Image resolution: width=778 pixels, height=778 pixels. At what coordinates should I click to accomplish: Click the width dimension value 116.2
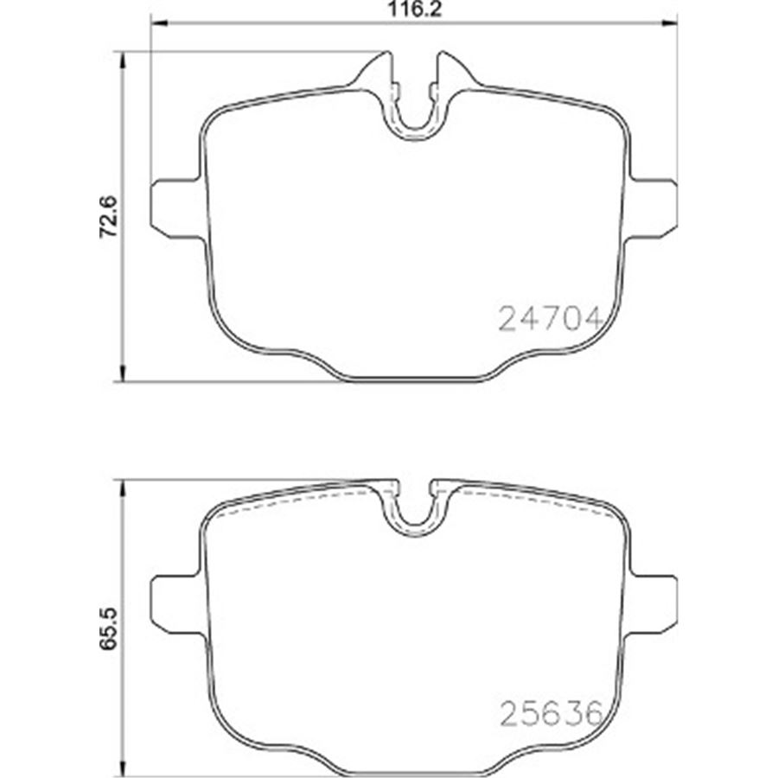tap(414, 9)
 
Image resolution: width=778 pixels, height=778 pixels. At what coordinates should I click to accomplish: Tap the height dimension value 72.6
tap(108, 217)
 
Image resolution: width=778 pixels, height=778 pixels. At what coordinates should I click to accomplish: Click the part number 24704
tap(551, 318)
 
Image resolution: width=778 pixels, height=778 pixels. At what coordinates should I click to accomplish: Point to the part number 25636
tap(551, 713)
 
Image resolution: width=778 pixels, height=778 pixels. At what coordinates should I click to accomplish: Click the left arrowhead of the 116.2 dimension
tap(158, 22)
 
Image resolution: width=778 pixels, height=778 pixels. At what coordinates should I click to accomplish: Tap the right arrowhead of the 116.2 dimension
tap(669, 22)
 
